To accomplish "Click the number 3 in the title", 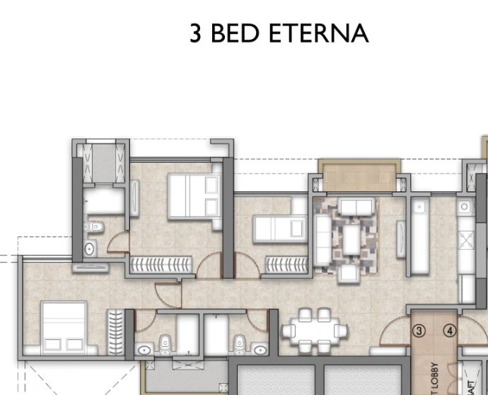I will pos(196,33).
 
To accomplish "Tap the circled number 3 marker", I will pos(419,331).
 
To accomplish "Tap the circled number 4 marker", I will pos(449,331).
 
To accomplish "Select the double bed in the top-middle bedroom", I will pos(192,195).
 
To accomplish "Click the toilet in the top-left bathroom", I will pos(96,227).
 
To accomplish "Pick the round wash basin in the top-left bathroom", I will pos(90,248).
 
